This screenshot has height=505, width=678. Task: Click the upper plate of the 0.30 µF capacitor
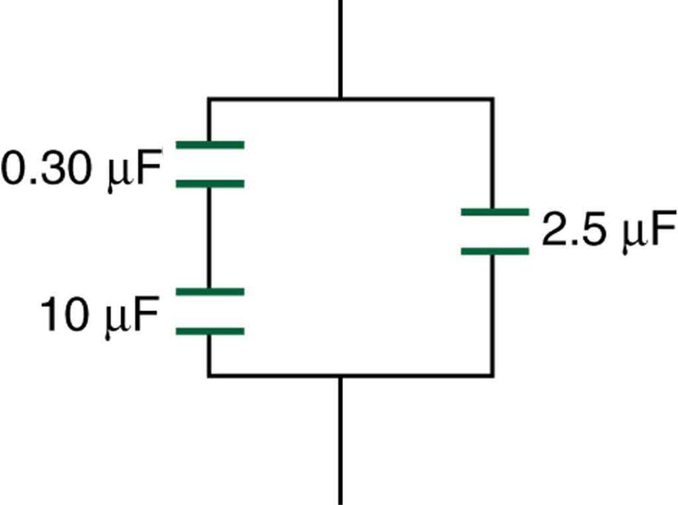[210, 144]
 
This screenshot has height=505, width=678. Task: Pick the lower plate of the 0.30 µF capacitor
[210, 183]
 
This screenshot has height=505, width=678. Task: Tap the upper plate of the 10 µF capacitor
[210, 291]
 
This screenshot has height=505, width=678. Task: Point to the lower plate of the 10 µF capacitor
[210, 331]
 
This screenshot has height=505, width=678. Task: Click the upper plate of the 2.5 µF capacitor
[494, 212]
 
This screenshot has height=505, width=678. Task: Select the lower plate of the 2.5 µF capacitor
[494, 251]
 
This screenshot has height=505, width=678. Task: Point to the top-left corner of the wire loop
[209, 100]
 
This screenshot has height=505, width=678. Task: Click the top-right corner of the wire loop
[493, 100]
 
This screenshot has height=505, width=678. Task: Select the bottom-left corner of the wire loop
[209, 374]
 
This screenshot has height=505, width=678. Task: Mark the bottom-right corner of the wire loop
[493, 374]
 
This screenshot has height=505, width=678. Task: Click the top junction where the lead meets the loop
[340, 100]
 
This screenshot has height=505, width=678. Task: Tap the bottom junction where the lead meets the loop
[340, 374]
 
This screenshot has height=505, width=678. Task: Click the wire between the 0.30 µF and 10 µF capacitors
[209, 237]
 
